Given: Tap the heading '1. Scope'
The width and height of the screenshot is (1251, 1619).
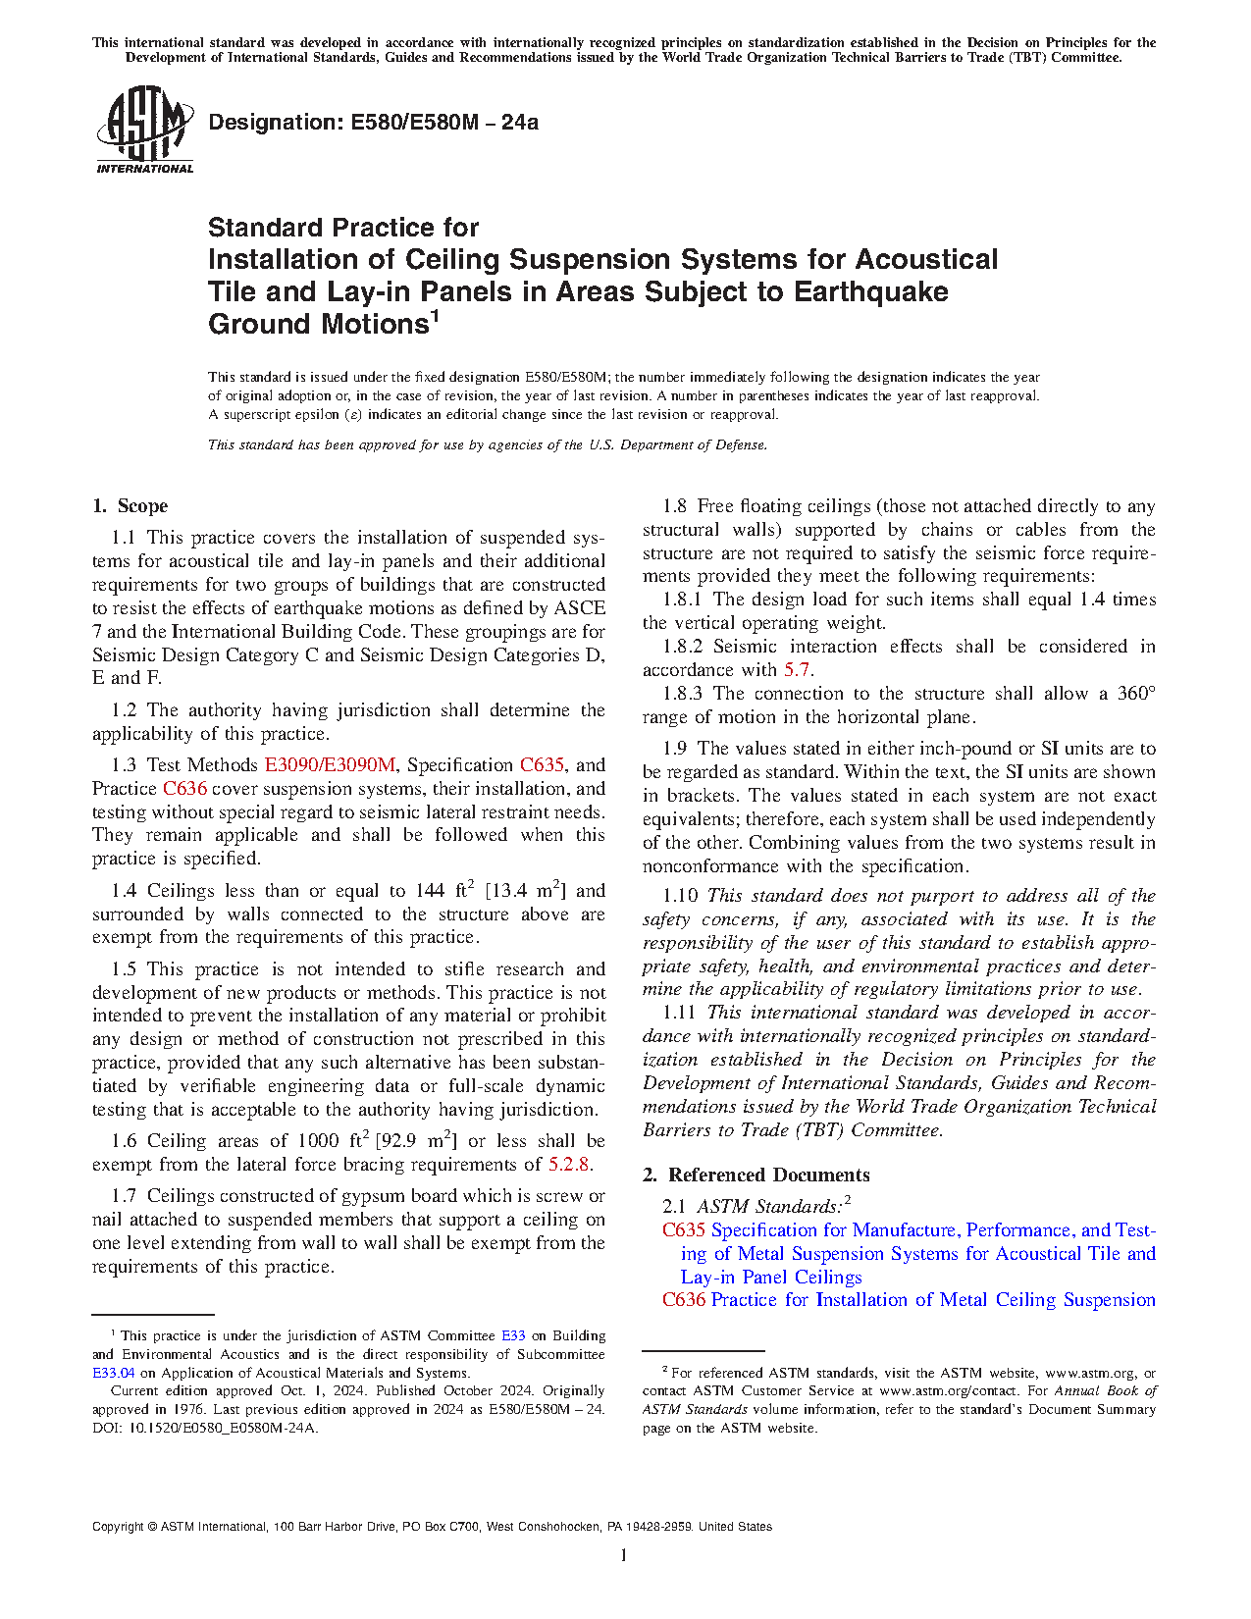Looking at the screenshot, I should (x=130, y=506).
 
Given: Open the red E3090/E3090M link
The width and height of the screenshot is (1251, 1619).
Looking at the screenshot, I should (x=330, y=765).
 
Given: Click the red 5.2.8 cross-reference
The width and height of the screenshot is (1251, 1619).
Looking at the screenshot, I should (x=569, y=1165).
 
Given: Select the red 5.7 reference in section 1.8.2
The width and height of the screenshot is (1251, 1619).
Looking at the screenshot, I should (x=797, y=670).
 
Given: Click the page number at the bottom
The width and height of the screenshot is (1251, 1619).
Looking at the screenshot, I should (x=624, y=1555).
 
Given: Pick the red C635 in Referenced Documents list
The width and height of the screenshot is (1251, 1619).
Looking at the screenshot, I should (x=684, y=1230).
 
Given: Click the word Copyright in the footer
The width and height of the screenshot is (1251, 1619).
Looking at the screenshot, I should (x=117, y=1527).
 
